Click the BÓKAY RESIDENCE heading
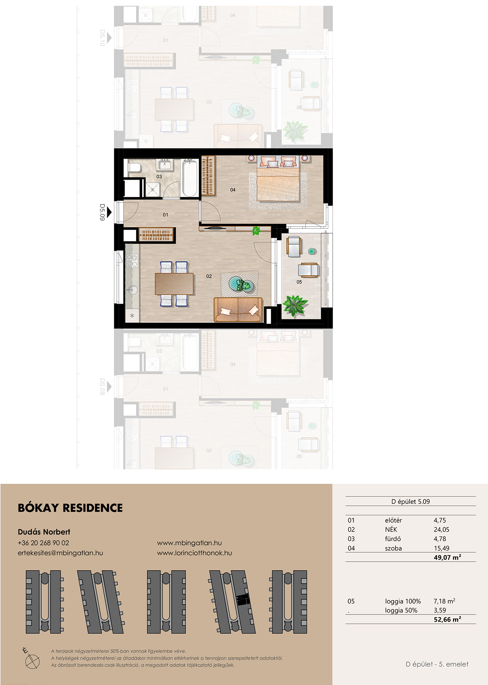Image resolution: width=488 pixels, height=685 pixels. point(70,508)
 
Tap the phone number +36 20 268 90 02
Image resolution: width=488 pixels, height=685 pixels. point(43,543)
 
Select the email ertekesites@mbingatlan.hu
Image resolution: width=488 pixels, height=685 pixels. point(60,553)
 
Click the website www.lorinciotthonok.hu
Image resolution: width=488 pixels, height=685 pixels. point(194,553)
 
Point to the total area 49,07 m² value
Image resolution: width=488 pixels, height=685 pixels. point(447,557)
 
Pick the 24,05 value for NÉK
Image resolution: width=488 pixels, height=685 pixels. point(442,530)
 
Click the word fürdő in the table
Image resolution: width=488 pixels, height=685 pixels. point(392,539)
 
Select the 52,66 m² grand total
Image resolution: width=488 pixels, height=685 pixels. point(447,620)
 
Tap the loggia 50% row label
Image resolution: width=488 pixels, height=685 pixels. point(401,611)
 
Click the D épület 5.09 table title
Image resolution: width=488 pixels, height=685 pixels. point(410,501)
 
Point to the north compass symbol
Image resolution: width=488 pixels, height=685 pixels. point(31,658)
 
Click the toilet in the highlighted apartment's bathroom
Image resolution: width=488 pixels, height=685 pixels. point(134,168)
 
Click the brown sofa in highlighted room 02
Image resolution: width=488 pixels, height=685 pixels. point(238,310)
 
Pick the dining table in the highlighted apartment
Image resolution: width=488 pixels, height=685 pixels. point(174,284)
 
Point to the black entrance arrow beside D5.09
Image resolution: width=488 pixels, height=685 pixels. point(109,212)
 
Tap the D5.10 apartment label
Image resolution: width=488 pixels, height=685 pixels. point(102,38)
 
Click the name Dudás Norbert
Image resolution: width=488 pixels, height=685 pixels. point(44,532)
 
